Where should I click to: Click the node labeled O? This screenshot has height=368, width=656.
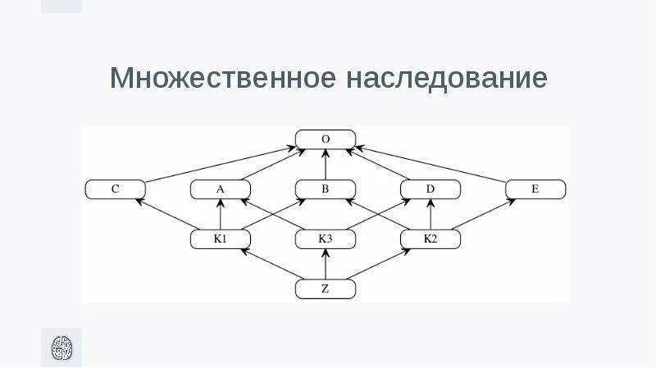click(x=326, y=139)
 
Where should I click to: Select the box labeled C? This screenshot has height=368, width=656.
click(x=116, y=189)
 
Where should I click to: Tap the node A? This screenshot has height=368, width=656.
click(x=220, y=189)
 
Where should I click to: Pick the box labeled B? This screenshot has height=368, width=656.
click(x=326, y=189)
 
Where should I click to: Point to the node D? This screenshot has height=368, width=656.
click(x=430, y=189)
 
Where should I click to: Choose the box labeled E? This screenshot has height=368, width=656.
click(x=535, y=189)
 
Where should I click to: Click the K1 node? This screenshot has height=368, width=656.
click(x=220, y=239)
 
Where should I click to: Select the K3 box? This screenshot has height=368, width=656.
click(x=326, y=239)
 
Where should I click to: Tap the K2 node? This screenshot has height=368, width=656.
click(x=430, y=239)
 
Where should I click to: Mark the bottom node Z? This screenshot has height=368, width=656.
click(x=326, y=288)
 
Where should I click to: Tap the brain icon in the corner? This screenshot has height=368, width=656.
click(x=61, y=347)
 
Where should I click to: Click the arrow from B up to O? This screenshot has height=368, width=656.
click(x=326, y=165)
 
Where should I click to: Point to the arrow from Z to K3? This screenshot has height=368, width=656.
click(x=326, y=264)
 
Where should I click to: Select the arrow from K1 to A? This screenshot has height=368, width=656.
click(x=220, y=215)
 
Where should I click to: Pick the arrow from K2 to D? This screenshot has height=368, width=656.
click(x=430, y=215)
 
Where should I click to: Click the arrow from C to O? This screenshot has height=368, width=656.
click(x=221, y=163)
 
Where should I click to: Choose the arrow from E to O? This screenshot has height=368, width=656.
click(x=430, y=163)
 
